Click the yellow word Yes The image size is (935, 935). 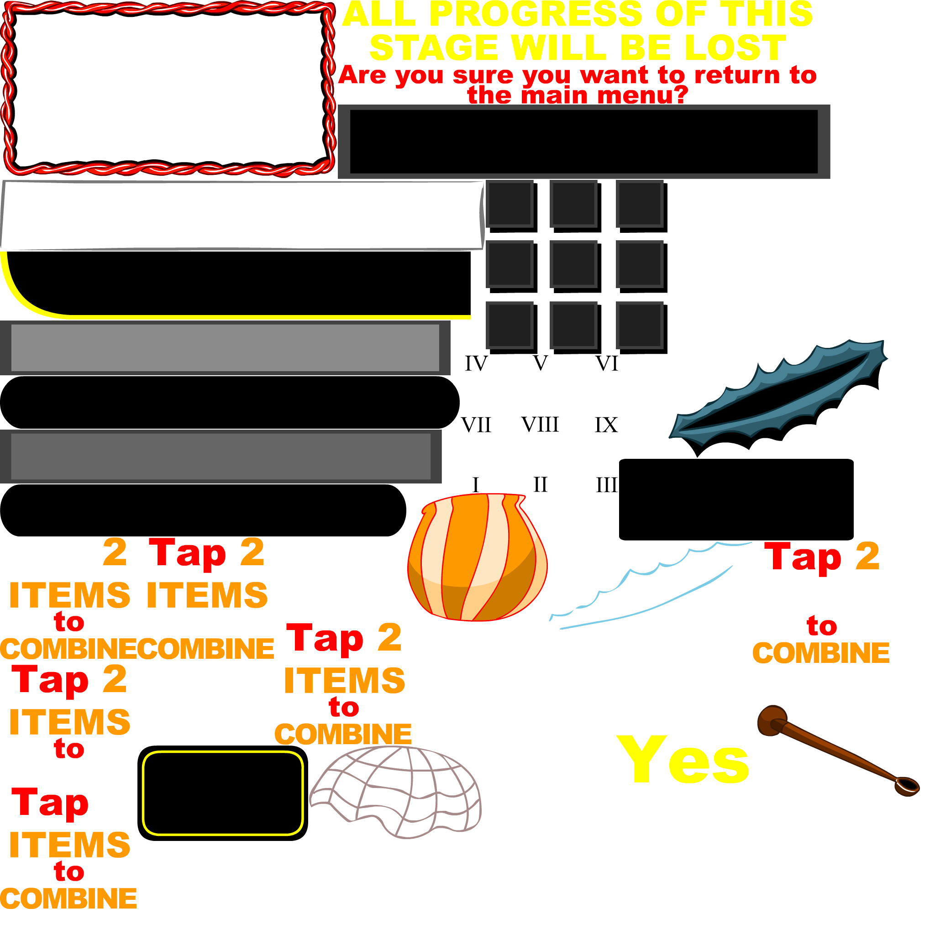coord(684,760)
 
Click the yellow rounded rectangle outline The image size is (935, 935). coord(223,753)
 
